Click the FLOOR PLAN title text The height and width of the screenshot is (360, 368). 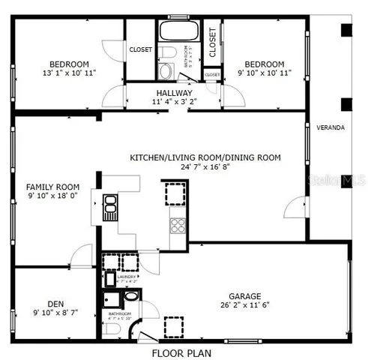click(182, 352)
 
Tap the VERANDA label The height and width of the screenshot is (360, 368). click(331, 127)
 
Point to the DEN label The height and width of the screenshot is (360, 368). click(55, 304)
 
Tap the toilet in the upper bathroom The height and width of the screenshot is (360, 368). click(168, 52)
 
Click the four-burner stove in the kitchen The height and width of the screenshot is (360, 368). click(178, 224)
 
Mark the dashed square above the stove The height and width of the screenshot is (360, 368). click(175, 193)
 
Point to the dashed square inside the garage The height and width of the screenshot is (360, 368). click(175, 327)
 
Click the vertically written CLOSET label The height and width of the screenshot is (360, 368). click(212, 43)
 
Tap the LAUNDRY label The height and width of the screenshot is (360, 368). click(127, 277)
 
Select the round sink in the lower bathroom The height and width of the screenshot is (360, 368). click(132, 296)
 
